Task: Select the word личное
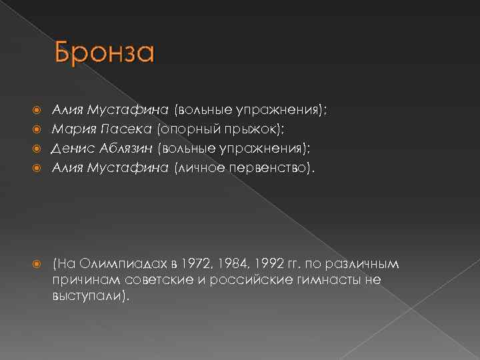[x=199, y=167]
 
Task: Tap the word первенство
[x=265, y=167]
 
